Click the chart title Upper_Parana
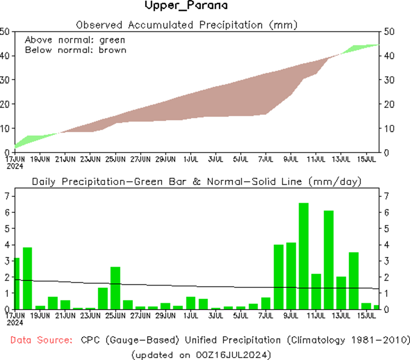point(186,6)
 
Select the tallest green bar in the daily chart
point(303,256)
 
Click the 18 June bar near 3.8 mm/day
point(27,278)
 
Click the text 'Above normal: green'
point(75,39)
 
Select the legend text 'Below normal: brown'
point(75,50)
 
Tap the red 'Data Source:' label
point(41,340)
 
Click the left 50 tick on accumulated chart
point(5,32)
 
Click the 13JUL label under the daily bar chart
point(341,316)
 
